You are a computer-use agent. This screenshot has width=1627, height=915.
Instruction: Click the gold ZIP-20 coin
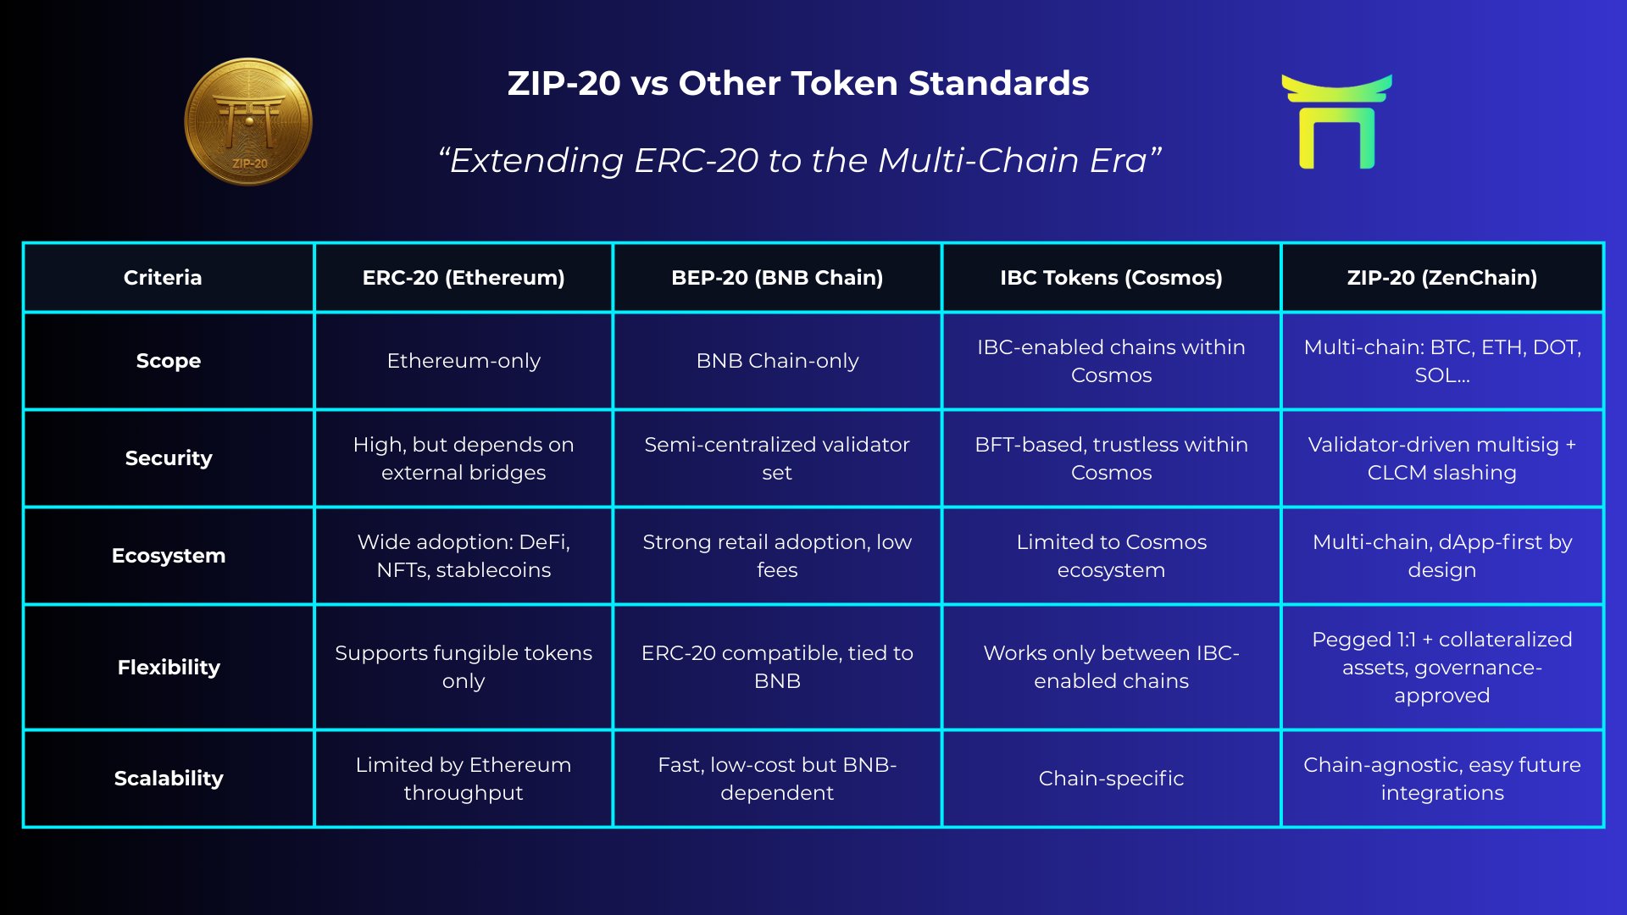pos(248,121)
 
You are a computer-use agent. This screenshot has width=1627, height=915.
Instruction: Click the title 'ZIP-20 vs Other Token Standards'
pos(797,83)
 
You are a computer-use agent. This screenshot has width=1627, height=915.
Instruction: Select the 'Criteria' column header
pos(163,277)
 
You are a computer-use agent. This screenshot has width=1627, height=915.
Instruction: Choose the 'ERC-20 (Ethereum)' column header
pos(464,277)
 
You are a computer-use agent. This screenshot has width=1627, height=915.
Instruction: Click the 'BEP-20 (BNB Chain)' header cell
pos(777,277)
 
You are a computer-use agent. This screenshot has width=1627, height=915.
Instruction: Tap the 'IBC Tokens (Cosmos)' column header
pos(1111,277)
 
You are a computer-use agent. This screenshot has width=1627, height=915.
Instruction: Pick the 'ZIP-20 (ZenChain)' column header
pos(1441,277)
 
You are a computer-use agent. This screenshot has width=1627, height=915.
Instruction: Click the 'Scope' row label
pos(169,361)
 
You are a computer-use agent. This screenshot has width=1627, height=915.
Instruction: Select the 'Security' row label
pos(169,458)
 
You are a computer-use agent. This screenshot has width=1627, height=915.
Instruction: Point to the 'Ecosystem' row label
pos(169,556)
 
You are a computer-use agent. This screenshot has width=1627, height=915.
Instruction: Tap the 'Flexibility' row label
pos(169,668)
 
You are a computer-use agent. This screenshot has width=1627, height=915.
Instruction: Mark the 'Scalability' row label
pos(169,779)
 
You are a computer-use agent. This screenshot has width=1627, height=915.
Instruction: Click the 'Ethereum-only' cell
pos(464,361)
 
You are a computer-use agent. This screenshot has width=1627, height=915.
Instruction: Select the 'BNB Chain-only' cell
pos(777,361)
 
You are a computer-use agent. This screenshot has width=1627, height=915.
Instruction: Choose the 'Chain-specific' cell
pos(1111,779)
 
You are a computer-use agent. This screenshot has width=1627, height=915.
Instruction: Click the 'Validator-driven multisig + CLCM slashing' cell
pos(1441,458)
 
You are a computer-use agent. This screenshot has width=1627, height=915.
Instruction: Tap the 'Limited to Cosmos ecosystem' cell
pos(1111,556)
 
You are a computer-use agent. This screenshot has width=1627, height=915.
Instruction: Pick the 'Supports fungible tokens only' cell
pos(464,667)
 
